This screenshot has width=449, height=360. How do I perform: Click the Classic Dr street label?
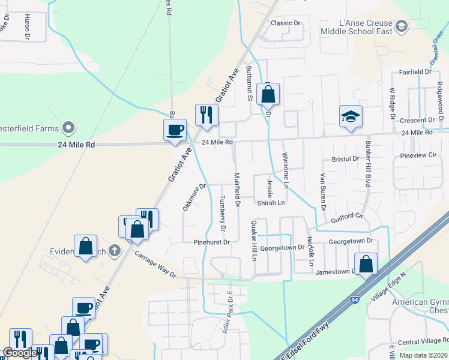point(285,23)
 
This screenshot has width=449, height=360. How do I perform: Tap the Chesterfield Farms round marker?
point(68,128)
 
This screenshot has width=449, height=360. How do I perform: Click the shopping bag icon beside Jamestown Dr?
point(366,263)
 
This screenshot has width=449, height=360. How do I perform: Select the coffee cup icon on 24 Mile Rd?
point(175,130)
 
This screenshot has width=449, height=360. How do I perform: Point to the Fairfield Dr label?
point(415,72)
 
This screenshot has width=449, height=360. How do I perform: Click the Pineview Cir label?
point(418,155)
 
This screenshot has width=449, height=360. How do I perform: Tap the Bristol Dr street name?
point(345,160)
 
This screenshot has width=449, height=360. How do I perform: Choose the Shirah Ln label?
point(271,203)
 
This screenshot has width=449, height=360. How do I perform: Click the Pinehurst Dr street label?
point(211,242)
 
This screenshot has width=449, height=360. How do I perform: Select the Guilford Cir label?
point(348,223)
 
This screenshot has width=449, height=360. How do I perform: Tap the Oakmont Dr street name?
point(194,197)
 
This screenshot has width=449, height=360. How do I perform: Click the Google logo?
point(19,353)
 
